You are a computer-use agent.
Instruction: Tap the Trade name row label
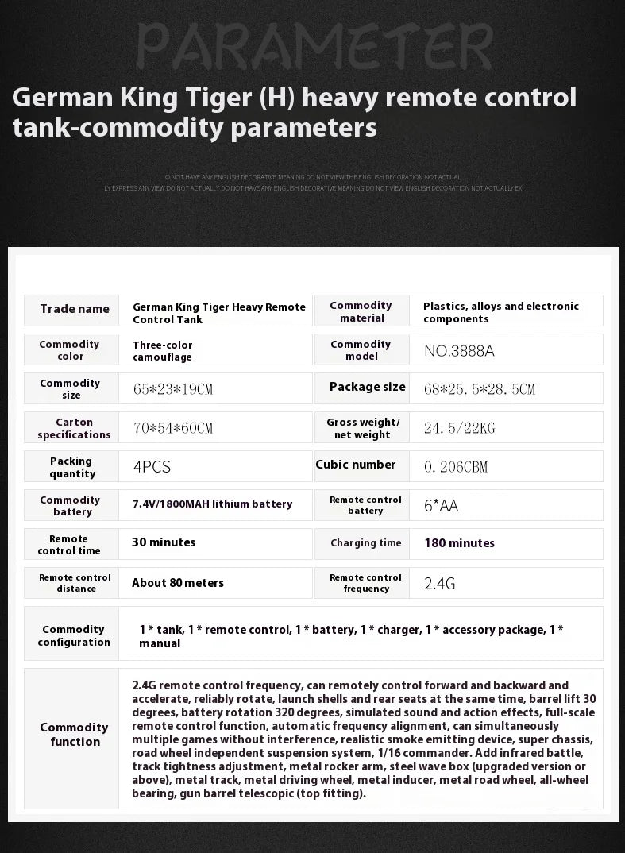click(75, 309)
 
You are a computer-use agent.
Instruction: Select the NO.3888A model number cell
click(453, 350)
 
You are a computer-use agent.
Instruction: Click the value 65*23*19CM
click(173, 389)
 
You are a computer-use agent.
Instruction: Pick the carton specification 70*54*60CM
click(173, 428)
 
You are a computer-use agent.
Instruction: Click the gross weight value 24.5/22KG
click(459, 428)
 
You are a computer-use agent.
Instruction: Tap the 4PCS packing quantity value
click(152, 467)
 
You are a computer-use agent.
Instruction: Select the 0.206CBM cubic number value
click(456, 467)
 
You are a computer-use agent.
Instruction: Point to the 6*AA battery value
click(441, 506)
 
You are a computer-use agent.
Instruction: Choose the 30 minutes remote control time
click(164, 542)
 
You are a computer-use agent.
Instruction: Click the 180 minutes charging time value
click(459, 543)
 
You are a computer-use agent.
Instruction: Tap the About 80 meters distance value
click(178, 582)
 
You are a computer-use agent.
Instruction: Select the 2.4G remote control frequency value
click(439, 584)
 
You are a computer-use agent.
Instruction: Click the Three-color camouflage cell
click(163, 351)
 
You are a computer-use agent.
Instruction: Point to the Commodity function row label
click(75, 735)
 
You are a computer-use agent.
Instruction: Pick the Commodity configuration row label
click(74, 635)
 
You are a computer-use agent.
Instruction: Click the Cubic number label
click(356, 465)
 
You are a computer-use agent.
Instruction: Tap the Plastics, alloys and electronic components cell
click(500, 312)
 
